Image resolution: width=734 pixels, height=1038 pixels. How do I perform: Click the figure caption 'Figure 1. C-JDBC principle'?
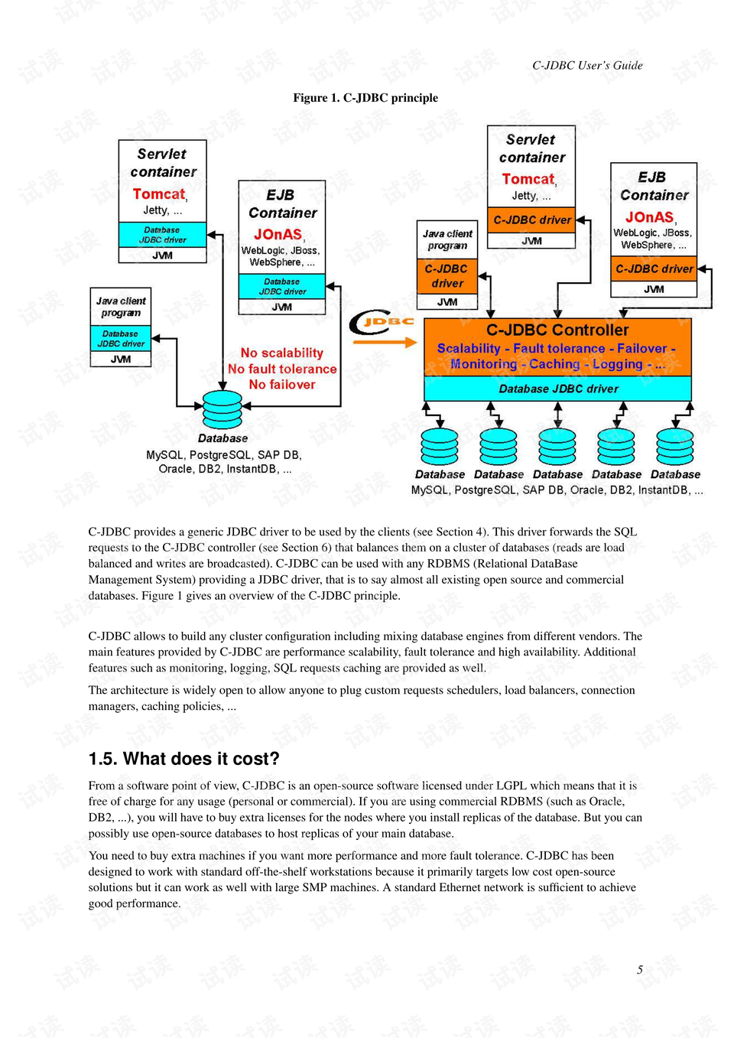365,98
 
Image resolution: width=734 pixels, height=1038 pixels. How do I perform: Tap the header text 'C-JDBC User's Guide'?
587,66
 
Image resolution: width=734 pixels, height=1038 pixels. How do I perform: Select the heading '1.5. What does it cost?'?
183,759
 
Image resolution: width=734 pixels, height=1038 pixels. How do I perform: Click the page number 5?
640,970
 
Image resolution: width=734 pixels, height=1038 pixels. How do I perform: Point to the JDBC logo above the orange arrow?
382,322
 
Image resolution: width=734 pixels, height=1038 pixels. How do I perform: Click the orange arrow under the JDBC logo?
385,342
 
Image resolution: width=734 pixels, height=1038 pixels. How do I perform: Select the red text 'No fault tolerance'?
282,369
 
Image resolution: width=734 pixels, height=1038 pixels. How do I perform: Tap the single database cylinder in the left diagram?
222,410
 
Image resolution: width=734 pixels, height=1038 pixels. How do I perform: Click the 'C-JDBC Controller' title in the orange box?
557,330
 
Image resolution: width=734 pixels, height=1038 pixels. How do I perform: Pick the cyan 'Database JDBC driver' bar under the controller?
558,389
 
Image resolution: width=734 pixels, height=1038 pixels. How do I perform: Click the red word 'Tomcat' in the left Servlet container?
159,194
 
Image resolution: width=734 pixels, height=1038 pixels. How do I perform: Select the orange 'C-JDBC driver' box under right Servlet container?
531,220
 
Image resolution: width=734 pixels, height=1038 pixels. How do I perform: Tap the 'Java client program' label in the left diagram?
121,307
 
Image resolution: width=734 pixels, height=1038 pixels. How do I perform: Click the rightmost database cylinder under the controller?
675,447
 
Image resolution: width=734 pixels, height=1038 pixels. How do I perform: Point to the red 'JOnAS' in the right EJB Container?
650,217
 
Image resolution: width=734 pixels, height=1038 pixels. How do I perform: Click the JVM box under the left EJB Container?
282,307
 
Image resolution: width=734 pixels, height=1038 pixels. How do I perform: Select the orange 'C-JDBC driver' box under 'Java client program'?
447,276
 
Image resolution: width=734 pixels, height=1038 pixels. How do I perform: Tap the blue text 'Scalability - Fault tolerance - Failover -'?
556,349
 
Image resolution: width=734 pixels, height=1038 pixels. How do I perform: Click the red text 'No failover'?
282,385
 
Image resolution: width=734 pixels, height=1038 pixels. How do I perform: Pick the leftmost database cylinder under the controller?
440,447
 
